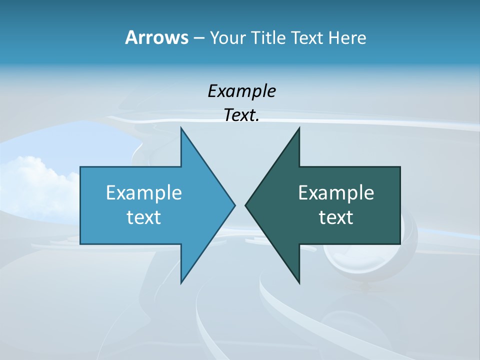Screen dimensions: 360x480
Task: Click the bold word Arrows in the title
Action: click(x=156, y=37)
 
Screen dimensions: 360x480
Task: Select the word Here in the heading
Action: click(x=347, y=37)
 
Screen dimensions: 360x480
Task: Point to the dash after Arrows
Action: click(x=198, y=38)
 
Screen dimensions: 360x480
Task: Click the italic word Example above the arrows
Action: click(x=241, y=91)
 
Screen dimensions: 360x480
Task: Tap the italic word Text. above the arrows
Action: click(x=241, y=115)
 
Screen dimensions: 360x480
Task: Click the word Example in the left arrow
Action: click(x=144, y=192)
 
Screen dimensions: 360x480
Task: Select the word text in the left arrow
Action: click(x=144, y=217)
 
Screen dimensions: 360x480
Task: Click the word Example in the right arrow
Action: click(x=336, y=192)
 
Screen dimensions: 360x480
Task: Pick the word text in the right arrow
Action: click(x=336, y=217)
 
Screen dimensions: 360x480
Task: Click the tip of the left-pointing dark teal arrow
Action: click(x=246, y=205)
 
